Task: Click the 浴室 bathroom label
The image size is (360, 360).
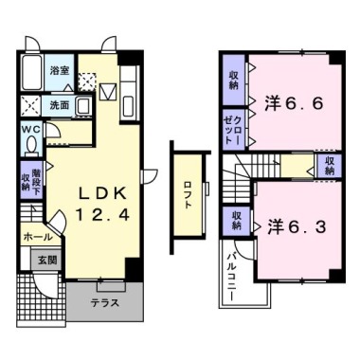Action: point(60,71)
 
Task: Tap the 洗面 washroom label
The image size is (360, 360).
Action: point(60,104)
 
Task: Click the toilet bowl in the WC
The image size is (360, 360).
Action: point(30,146)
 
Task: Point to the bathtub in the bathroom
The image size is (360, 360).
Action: point(29,72)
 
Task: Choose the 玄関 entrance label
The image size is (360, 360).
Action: point(47,259)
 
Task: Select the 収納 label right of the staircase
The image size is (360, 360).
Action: point(329,165)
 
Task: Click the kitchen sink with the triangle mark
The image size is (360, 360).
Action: point(106,93)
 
